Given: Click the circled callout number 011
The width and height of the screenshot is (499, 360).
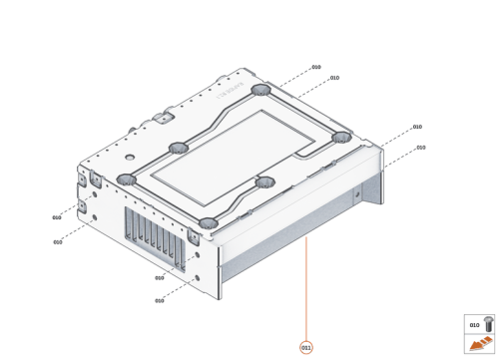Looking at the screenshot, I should point(306,347).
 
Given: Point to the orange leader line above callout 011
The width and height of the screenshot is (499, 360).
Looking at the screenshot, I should point(306,289).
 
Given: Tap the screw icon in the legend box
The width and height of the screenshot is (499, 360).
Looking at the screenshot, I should point(487,323).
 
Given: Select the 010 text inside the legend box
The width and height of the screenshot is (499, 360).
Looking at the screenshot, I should point(474,324).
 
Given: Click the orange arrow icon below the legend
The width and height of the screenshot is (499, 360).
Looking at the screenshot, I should point(480,345).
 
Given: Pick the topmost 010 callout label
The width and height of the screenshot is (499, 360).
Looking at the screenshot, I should point(316,67).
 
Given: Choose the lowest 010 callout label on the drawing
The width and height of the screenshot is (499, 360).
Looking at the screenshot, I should point(159,300).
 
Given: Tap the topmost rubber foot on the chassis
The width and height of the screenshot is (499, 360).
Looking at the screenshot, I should point(261,91).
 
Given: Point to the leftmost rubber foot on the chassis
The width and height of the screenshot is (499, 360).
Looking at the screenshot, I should point(126,180).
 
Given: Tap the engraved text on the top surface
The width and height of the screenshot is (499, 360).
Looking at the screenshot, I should point(227,94).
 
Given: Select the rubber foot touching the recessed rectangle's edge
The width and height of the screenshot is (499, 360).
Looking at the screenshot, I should point(263,182).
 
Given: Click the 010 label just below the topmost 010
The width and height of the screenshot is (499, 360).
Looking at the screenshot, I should point(334,78).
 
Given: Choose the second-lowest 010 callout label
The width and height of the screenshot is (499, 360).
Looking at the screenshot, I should point(159,278).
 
